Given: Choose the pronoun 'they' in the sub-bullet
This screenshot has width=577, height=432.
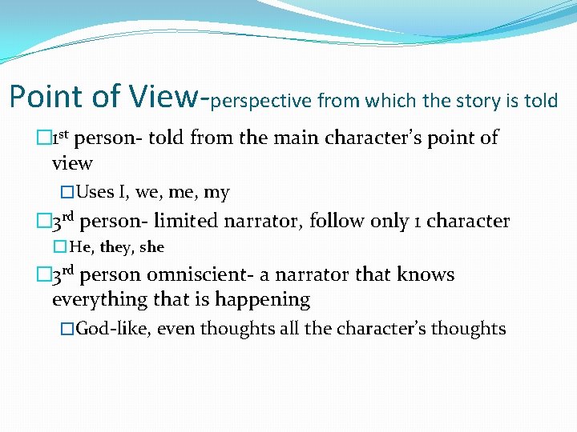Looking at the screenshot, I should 117,247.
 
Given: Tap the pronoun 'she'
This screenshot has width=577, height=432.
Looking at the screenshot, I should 151,247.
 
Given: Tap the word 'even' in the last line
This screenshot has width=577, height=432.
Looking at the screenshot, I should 176,328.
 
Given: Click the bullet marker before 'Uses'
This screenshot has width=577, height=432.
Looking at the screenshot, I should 67,193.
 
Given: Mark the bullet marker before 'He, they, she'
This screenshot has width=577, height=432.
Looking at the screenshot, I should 62,247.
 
